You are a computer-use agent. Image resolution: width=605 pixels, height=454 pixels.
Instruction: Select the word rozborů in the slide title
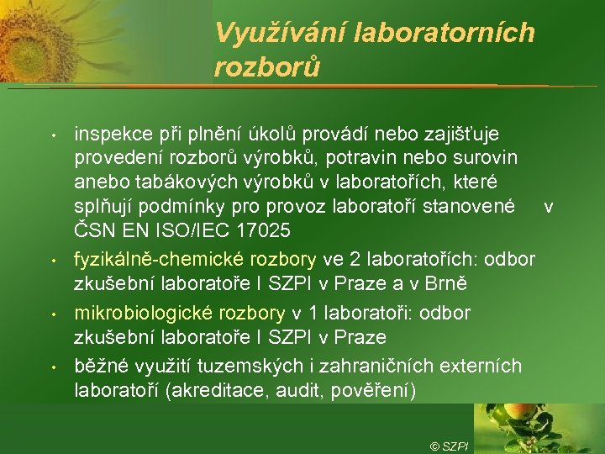(267, 66)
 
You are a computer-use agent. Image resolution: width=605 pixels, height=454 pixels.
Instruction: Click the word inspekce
(108, 133)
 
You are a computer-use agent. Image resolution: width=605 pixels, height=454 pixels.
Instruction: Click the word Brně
(421, 280)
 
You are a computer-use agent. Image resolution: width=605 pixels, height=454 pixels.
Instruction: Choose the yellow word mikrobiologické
(145, 313)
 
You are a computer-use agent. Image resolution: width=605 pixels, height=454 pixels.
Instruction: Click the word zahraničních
(354, 367)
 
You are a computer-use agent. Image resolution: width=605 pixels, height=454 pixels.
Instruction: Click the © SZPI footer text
(449, 446)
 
